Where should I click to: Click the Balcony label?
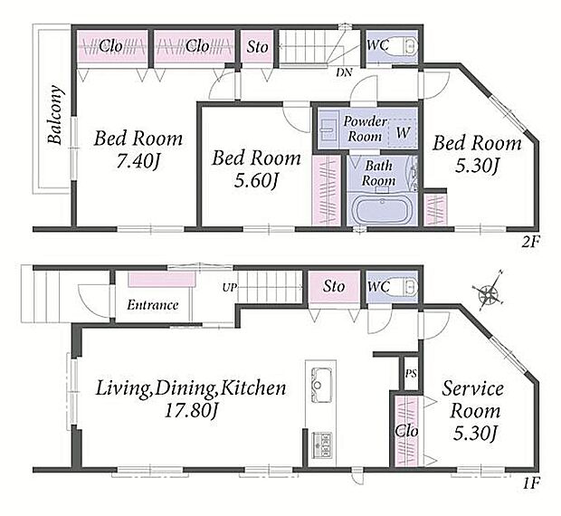[x=56, y=114]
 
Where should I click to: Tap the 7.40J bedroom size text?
[x=138, y=162]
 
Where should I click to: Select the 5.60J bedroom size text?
[x=256, y=181]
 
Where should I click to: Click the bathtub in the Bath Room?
[x=381, y=210]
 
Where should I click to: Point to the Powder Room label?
[x=365, y=129]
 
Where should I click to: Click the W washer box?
[x=403, y=132]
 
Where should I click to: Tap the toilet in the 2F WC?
[x=405, y=46]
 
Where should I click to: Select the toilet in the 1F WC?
[x=405, y=286]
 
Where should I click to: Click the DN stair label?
[x=344, y=72]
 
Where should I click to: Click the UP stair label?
[x=230, y=287]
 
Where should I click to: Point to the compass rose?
[x=489, y=294]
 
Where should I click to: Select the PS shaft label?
[x=411, y=374]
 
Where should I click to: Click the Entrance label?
[x=152, y=305]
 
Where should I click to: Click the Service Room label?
[x=474, y=400]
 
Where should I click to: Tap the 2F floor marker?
[x=529, y=243]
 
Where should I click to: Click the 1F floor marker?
[x=530, y=483]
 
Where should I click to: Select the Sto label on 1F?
[x=334, y=286]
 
